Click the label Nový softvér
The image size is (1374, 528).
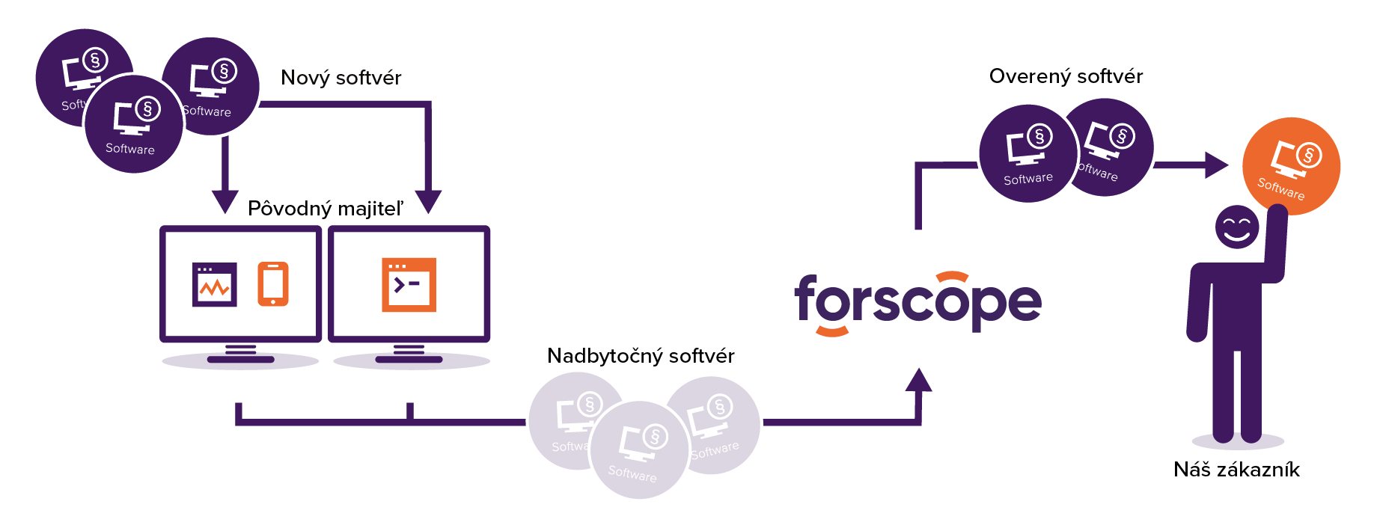[x=341, y=78]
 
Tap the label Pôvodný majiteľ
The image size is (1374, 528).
[x=326, y=209]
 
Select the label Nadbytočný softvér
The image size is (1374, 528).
[x=641, y=356]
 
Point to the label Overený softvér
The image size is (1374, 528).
[x=1066, y=76]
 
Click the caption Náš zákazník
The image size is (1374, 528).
[x=1236, y=470]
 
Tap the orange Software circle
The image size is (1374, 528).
[x=1291, y=165]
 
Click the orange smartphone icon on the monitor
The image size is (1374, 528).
[x=273, y=283]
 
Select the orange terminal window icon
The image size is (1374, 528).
[x=409, y=284]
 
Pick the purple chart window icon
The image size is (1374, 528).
[x=215, y=284]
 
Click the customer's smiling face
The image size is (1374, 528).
[x=1236, y=227]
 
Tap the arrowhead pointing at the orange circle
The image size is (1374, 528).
[x=1215, y=165]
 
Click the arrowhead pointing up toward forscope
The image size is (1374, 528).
[x=918, y=380]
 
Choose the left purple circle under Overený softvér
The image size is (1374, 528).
[x=1028, y=154]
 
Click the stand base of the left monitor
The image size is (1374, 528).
[x=240, y=360]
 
